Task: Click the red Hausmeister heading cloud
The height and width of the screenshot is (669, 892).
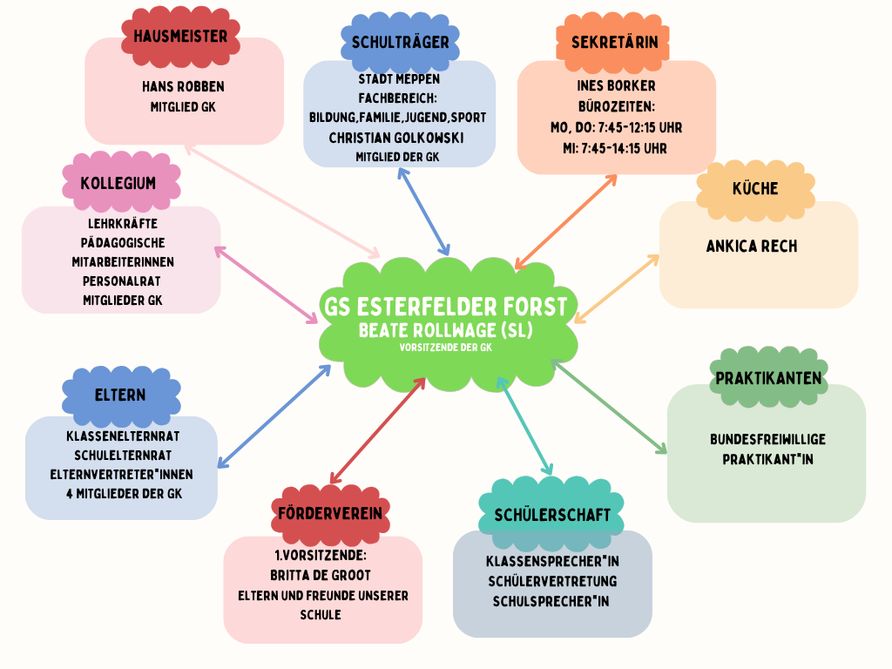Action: (x=180, y=37)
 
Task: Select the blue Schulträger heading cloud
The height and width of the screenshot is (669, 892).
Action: (x=400, y=42)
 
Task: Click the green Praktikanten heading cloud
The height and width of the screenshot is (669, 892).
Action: (x=767, y=378)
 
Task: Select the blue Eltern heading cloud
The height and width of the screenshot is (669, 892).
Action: (x=120, y=395)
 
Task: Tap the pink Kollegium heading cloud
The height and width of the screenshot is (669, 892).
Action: (x=118, y=183)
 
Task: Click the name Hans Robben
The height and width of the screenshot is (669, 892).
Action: (x=183, y=87)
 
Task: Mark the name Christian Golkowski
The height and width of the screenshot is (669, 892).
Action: (x=396, y=138)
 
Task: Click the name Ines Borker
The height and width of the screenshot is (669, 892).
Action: (x=616, y=86)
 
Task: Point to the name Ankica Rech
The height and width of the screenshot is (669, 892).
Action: (x=752, y=247)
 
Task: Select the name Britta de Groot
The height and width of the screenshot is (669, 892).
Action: (x=321, y=576)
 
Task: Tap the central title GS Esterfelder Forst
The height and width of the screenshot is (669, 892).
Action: (x=445, y=307)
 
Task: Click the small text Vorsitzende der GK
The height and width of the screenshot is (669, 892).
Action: (x=445, y=347)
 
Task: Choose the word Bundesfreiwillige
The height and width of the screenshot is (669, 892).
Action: (x=767, y=439)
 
